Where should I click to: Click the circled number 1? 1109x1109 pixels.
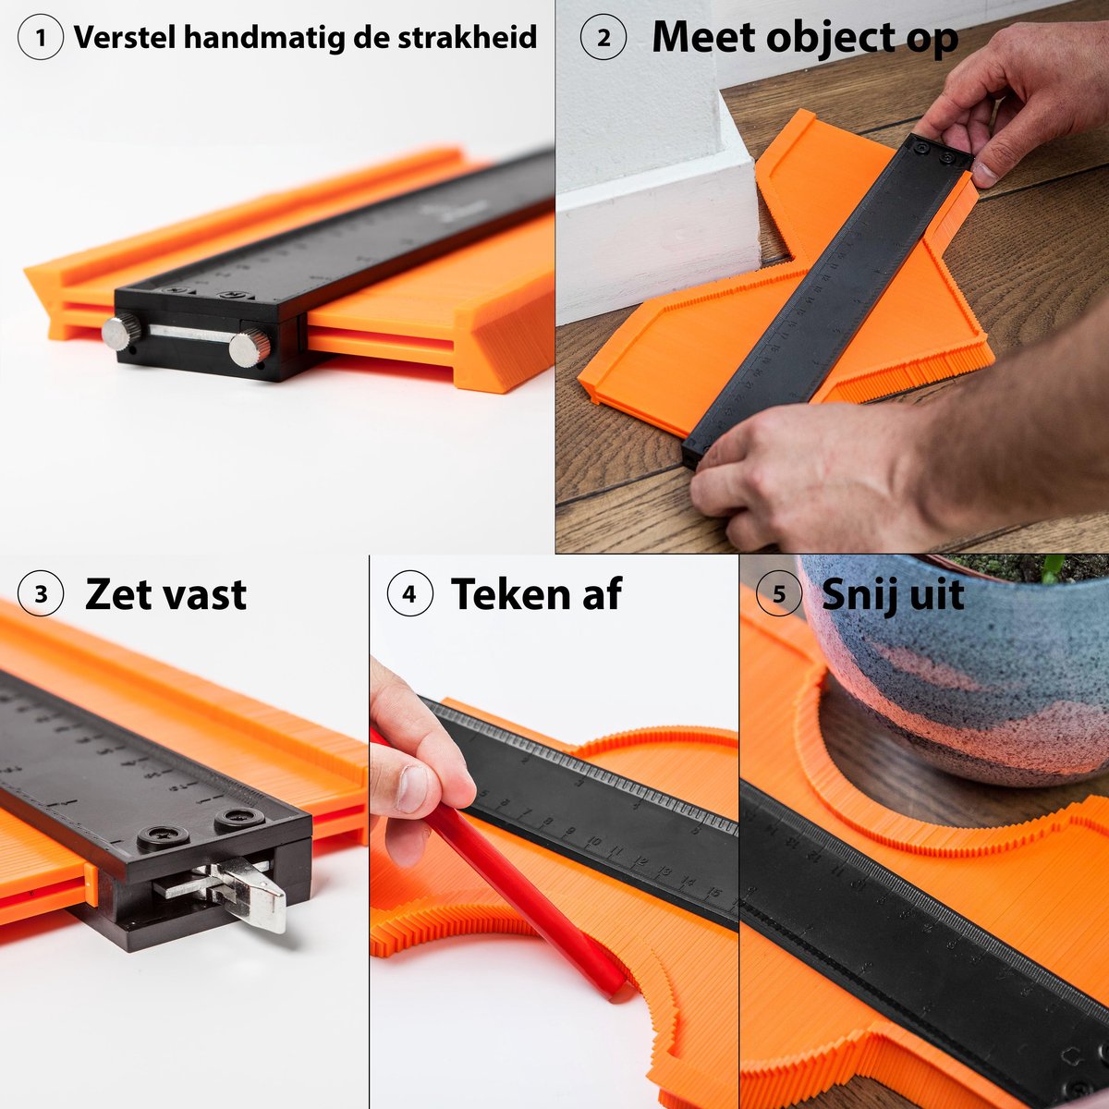(x=40, y=38)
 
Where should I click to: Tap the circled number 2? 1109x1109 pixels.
(x=603, y=38)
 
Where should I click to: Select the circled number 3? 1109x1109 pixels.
(x=40, y=594)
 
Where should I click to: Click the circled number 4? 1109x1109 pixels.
(x=409, y=594)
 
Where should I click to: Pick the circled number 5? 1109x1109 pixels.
(x=778, y=594)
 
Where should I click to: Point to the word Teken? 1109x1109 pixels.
(x=508, y=594)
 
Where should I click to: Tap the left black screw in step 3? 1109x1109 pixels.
(x=164, y=837)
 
